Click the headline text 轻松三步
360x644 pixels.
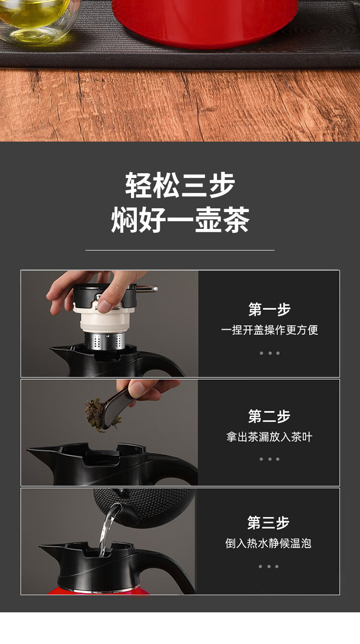click(180, 185)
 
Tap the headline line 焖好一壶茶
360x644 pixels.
click(180, 220)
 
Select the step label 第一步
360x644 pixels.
click(269, 309)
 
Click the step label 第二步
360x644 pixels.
click(269, 416)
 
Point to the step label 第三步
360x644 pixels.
click(268, 523)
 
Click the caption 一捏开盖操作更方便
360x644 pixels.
click(269, 330)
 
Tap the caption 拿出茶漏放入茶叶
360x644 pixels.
click(269, 437)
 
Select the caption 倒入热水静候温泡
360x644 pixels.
click(268, 543)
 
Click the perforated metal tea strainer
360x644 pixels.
click(104, 341)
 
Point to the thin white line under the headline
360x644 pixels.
click(180, 250)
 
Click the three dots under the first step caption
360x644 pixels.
click(269, 353)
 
